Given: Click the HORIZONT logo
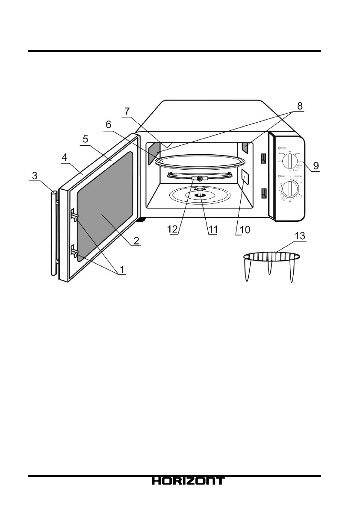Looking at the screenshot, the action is click(x=187, y=481).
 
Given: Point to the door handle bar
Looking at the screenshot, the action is click(x=53, y=233).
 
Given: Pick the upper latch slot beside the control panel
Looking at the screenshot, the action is click(x=263, y=159).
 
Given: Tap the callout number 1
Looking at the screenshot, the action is click(x=122, y=270).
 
